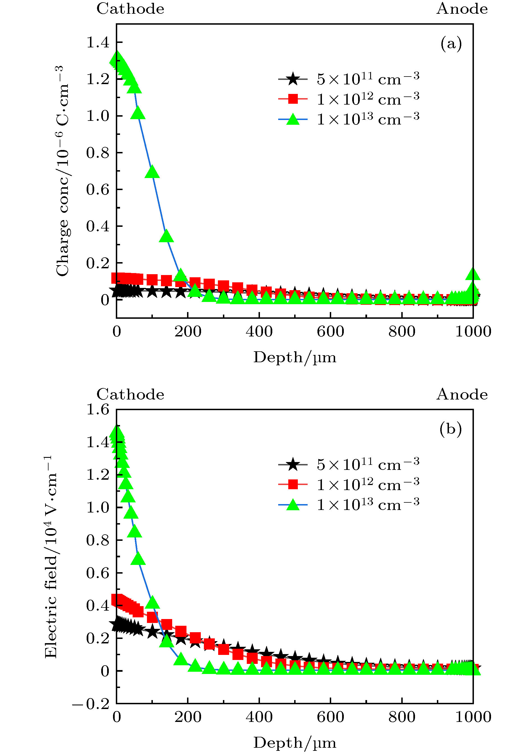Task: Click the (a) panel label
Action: pyautogui.click(x=451, y=43)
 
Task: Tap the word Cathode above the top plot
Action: pyautogui.click(x=130, y=9)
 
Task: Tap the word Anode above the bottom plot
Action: pyautogui.click(x=462, y=394)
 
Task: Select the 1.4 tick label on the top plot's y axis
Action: pyautogui.click(x=97, y=42)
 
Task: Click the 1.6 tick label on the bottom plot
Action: pyautogui.click(x=97, y=410)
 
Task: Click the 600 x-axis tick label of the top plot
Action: pyautogui.click(x=330, y=331)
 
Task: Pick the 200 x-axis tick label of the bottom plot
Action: pyautogui.click(x=188, y=717)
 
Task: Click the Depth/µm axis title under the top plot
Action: pyautogui.click(x=295, y=357)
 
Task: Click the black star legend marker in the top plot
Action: pyautogui.click(x=292, y=79)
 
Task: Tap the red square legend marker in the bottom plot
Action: pyautogui.click(x=292, y=484)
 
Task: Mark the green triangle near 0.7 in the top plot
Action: pyautogui.click(x=152, y=172)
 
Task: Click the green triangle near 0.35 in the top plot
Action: pyautogui.click(x=166, y=236)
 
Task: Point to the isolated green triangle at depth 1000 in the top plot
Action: pyautogui.click(x=473, y=274)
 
